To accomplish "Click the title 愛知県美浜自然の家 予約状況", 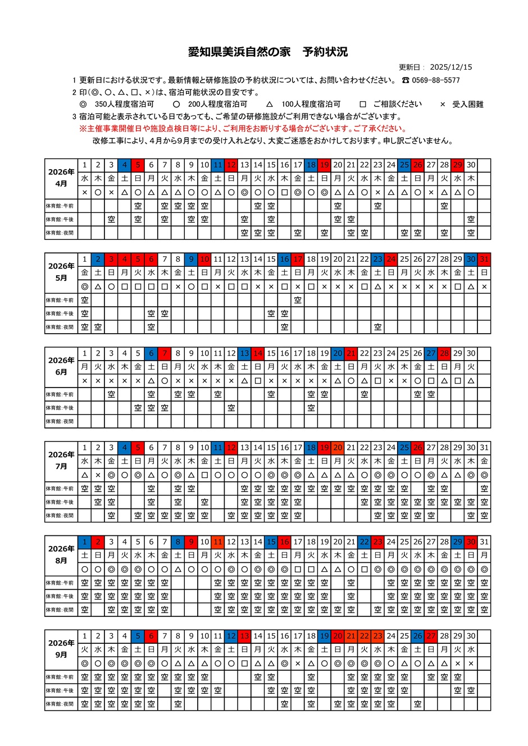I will pos(267,52).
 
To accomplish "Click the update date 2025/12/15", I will pos(450,67).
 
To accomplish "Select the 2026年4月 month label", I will pos(61,178).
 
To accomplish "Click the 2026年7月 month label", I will pos(61,460).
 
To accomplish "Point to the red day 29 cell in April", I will pos(458,165).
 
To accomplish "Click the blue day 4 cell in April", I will pos(125,165).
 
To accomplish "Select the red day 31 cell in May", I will pos(484,260).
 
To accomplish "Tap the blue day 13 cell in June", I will pos(244,354).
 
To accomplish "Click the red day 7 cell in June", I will pos(165,354).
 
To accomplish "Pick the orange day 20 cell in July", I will pos(338,448).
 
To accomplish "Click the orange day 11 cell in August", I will pos(218,542).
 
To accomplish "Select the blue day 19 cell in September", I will pos(324,636).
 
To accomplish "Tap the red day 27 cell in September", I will pos(431,636).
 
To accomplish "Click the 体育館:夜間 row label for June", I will pos(60,421).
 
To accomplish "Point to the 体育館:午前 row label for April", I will pos(60,206).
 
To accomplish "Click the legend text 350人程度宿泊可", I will pos(124,104).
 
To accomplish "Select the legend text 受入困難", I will pos(467,104).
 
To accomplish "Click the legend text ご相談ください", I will pos(397,104).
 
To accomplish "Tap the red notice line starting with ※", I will pos(242,129).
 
